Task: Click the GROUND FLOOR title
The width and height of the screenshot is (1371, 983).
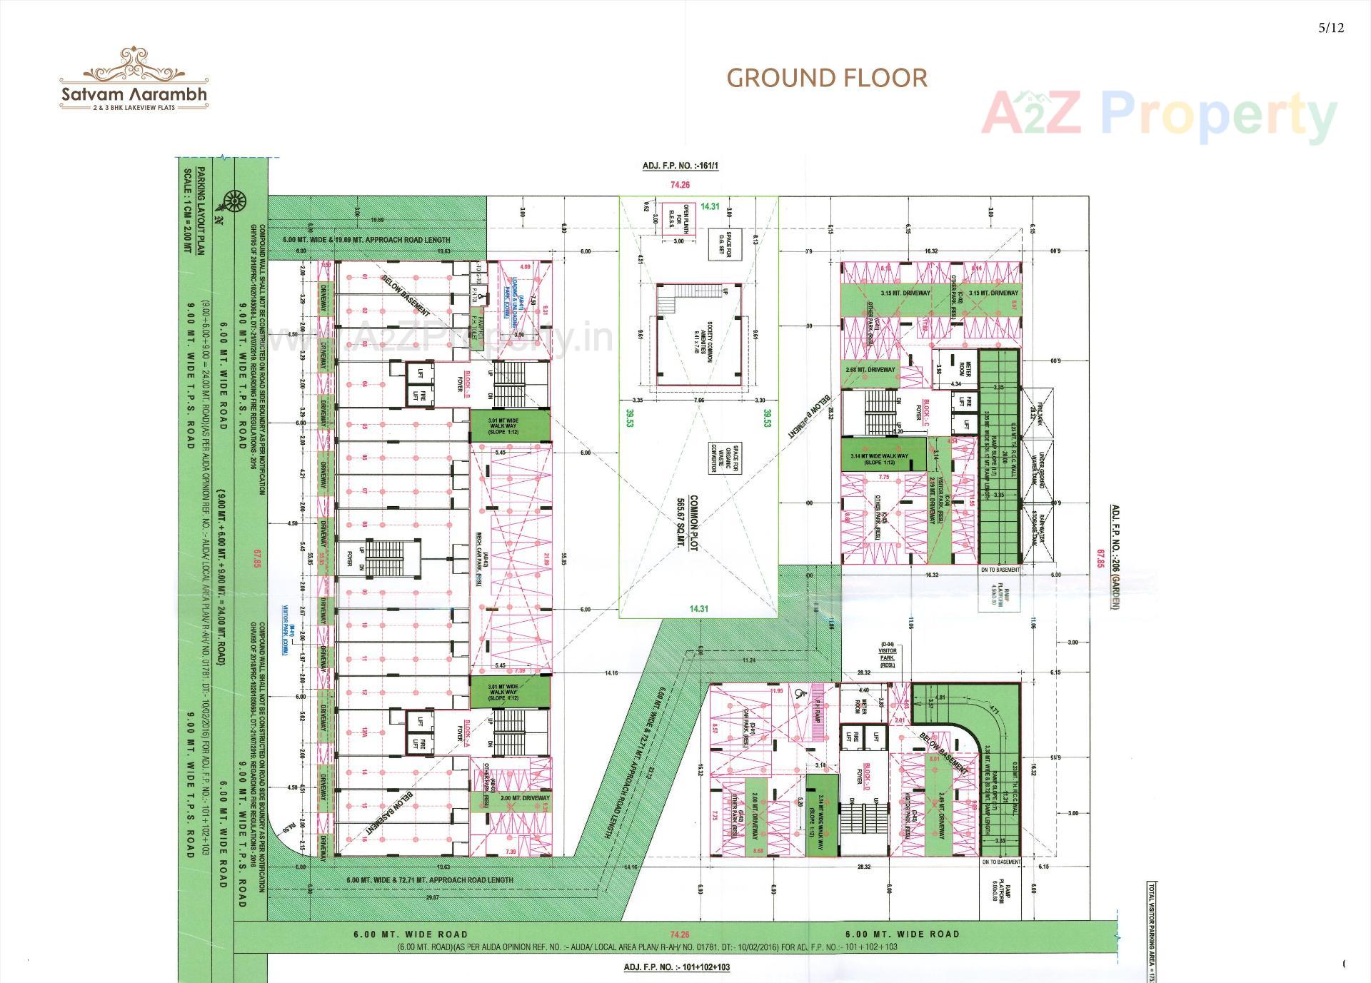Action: (x=827, y=78)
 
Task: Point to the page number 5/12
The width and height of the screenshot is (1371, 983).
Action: (x=1331, y=28)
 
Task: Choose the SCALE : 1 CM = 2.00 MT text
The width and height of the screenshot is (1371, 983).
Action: (x=188, y=210)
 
